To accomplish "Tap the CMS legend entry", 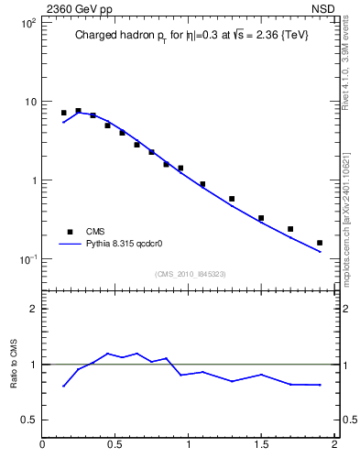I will coord(96,232).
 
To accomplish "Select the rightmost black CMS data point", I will coord(320,243).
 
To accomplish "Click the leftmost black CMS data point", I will coord(63,113).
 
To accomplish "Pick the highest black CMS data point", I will coord(78,111).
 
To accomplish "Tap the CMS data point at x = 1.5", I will coord(261,218).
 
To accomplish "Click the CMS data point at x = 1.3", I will coord(232,199).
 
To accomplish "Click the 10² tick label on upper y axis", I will coord(28,22).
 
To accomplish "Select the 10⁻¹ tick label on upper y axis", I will coord(28,259).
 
